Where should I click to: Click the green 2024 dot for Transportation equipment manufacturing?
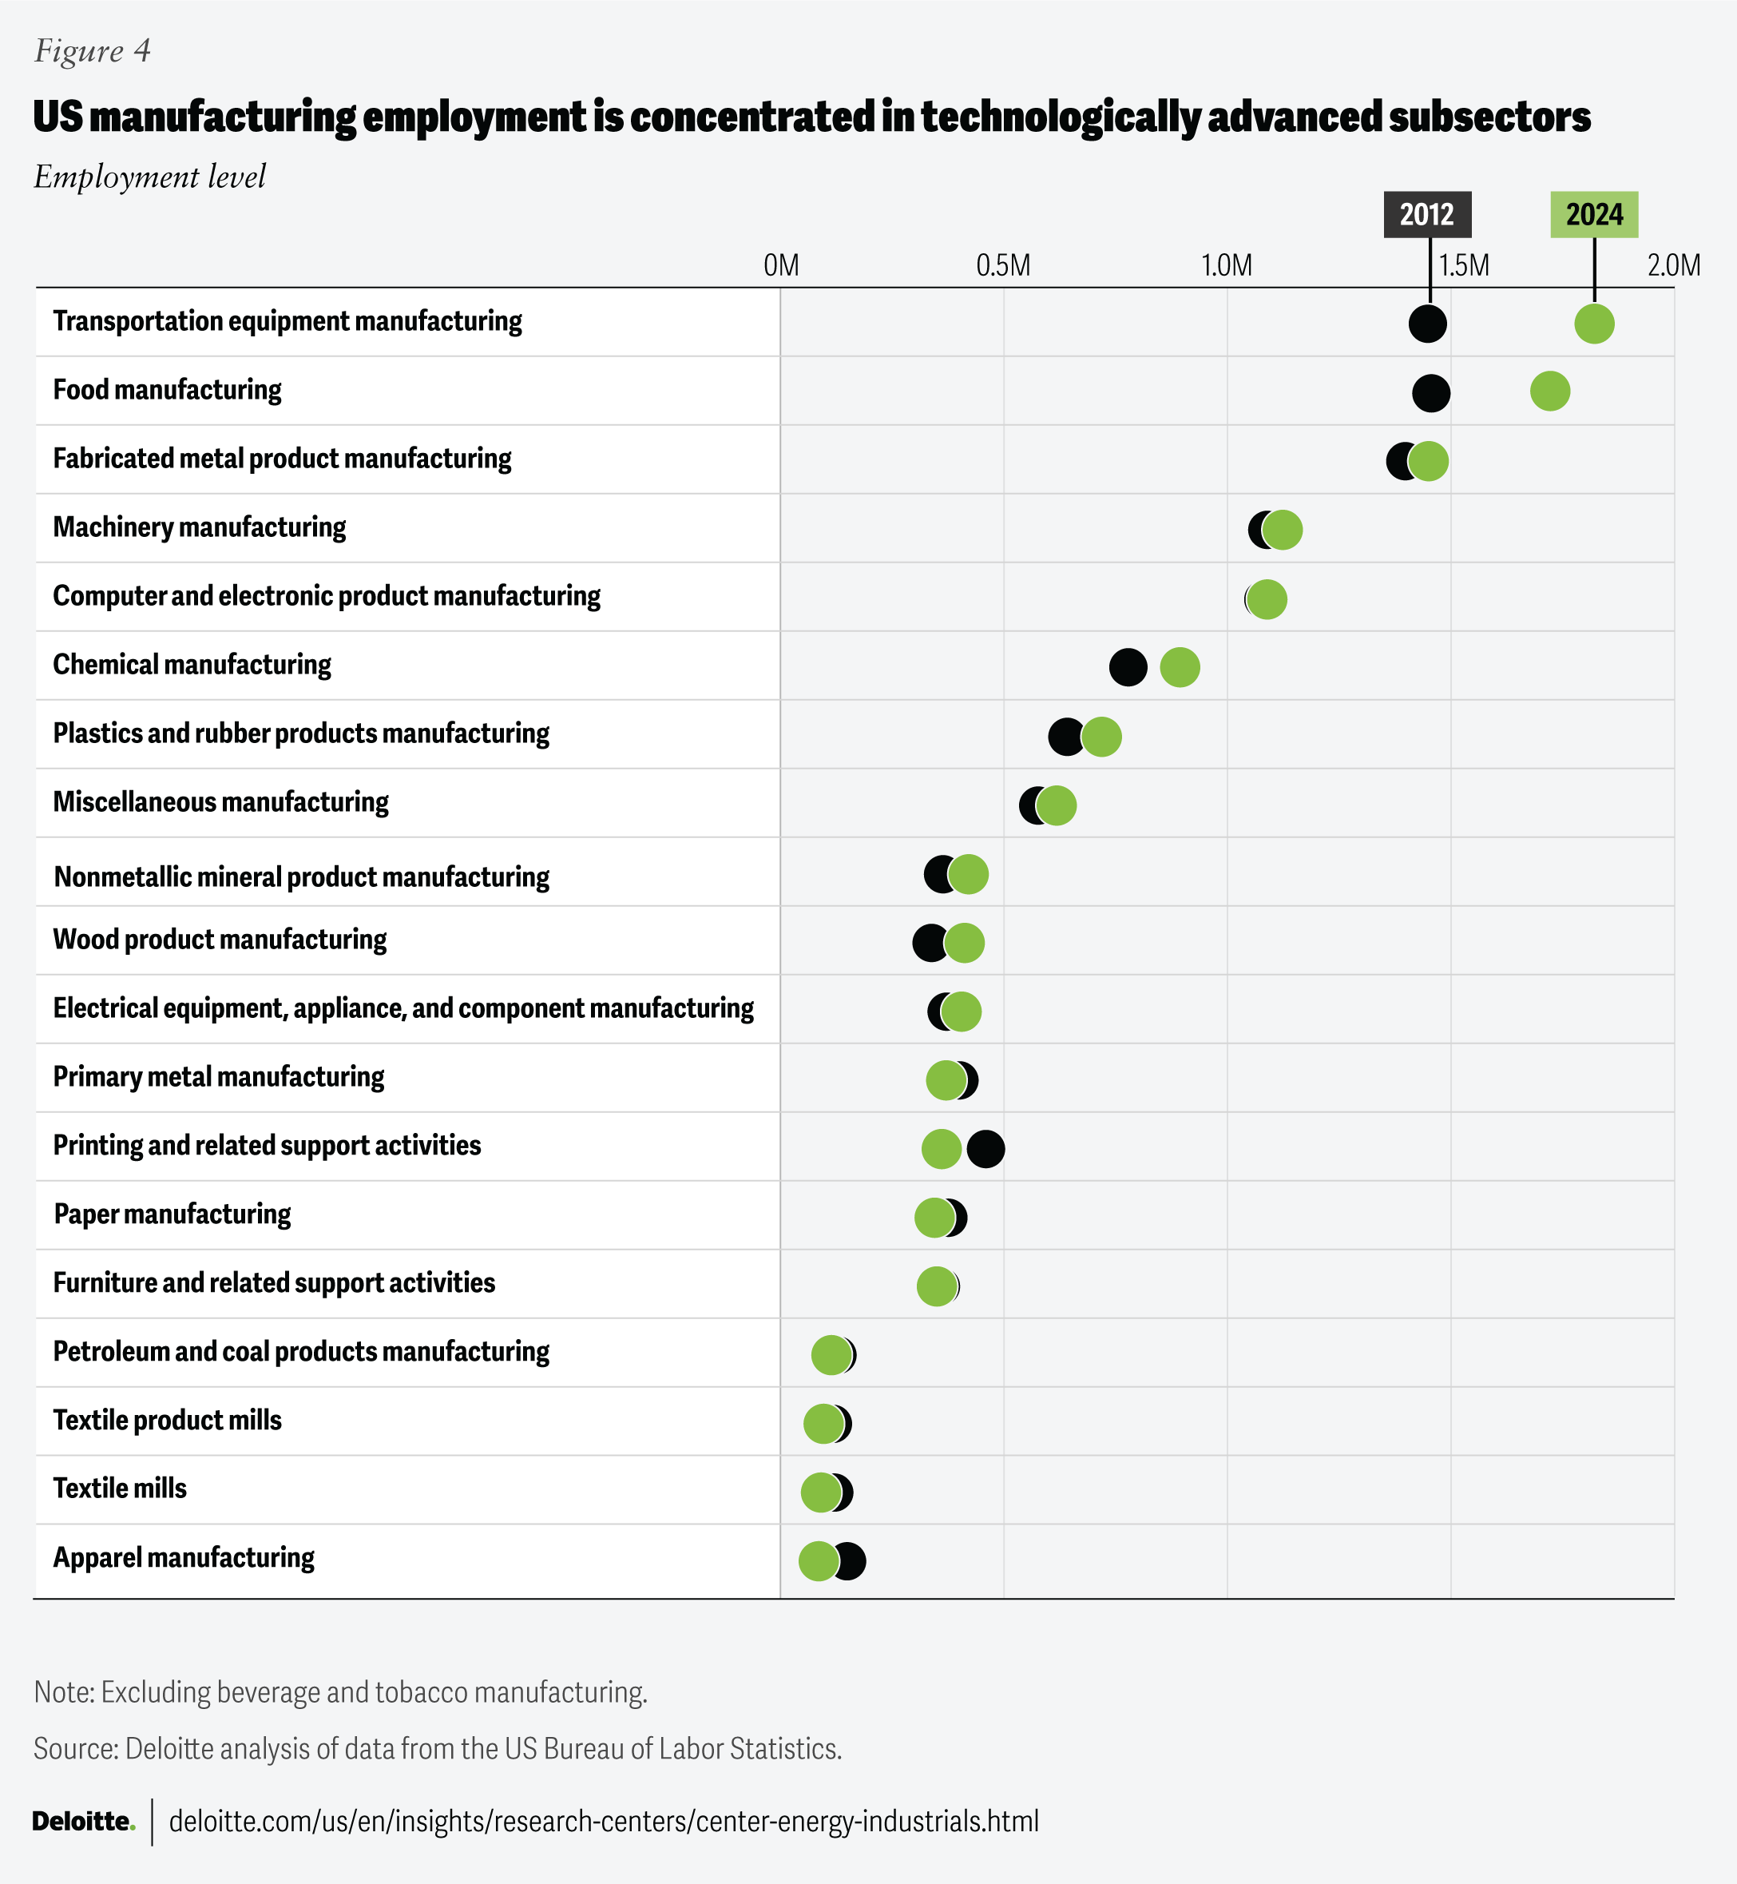coord(1594,324)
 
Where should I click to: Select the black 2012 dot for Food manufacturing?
coord(1430,392)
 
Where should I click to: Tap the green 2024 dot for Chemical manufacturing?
coord(1180,667)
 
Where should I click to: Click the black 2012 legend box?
coord(1427,214)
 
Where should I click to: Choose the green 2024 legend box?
coord(1594,214)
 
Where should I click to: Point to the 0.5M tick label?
coord(1003,266)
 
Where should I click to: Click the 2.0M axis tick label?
coord(1673,266)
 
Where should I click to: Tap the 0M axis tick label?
coord(781,266)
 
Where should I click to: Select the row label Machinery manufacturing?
coord(200,527)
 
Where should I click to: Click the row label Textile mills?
coord(119,1489)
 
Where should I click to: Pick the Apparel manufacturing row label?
coord(184,1558)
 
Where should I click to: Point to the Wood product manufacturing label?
coord(220,939)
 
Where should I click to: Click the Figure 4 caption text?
coord(92,51)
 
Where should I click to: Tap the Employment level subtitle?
coord(149,177)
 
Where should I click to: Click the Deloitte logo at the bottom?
coord(84,1821)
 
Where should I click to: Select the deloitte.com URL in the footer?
coord(604,1821)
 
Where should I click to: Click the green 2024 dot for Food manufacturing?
coord(1550,391)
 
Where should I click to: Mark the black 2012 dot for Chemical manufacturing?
coord(1128,667)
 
